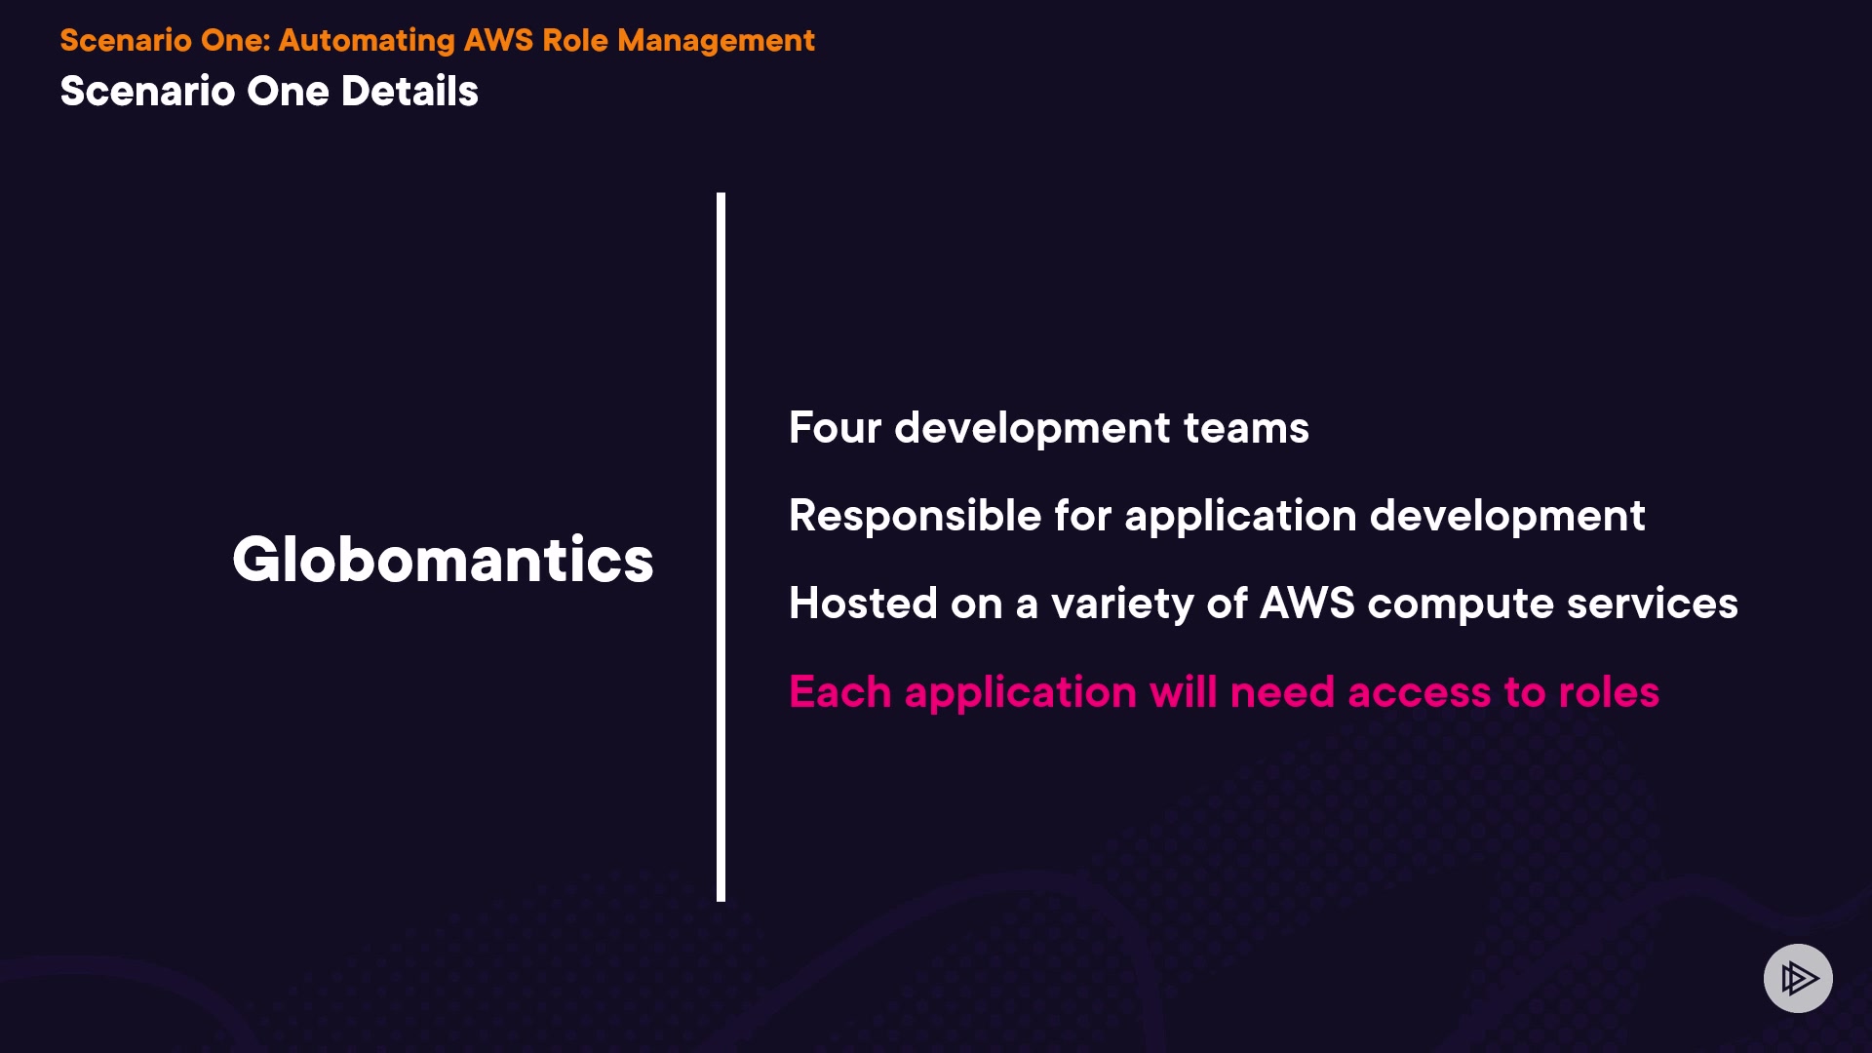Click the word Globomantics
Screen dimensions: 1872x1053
pyautogui.click(x=443, y=560)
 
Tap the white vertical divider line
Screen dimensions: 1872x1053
pyautogui.click(x=721, y=547)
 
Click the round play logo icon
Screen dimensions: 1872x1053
pyautogui.click(x=1798, y=978)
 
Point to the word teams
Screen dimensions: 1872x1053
pyautogui.click(x=1246, y=428)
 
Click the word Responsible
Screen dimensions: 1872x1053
pyautogui.click(x=916, y=516)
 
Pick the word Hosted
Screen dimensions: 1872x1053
pyautogui.click(x=864, y=604)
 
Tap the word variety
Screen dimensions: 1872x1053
pyautogui.click(x=1122, y=604)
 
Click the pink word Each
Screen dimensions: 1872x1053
pyautogui.click(x=840, y=692)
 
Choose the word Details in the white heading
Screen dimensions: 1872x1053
pyautogui.click(x=409, y=92)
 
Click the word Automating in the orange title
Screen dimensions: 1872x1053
pyautogui.click(x=367, y=41)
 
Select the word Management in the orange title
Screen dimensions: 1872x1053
pyautogui.click(x=716, y=41)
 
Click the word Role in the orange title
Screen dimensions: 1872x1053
pyautogui.click(x=574, y=40)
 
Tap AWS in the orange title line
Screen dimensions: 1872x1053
pyautogui.click(x=498, y=40)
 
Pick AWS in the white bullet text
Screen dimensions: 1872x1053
pyautogui.click(x=1307, y=604)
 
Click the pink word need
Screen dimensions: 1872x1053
pyautogui.click(x=1282, y=692)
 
